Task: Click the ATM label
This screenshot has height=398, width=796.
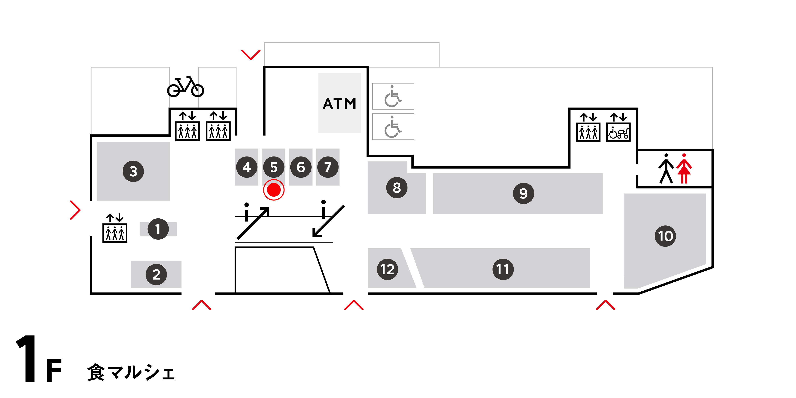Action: pos(339,104)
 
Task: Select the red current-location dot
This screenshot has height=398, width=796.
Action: pos(274,190)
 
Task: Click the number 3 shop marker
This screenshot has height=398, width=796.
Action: pos(133,171)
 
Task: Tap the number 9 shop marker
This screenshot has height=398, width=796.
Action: pos(523,193)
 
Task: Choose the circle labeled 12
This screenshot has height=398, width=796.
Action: pos(387,269)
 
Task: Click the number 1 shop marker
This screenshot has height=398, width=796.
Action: pos(158,229)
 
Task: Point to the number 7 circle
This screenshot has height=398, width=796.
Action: pos(328,167)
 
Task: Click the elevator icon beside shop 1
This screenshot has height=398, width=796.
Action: pos(115,229)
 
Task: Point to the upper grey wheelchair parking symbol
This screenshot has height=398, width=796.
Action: pos(392,96)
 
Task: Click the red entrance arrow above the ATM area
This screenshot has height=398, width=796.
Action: pos(251,54)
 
